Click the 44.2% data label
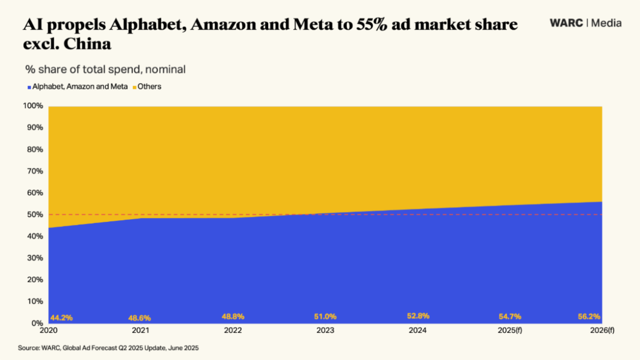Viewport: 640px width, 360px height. [61, 318]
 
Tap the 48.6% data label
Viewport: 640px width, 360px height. [139, 318]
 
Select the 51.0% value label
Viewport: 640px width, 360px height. [325, 316]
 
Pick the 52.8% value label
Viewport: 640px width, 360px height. [419, 316]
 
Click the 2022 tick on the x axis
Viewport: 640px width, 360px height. [233, 331]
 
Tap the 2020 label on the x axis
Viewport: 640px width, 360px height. [48, 331]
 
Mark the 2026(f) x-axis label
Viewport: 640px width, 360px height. [602, 331]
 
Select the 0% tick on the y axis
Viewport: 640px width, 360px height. [37, 323]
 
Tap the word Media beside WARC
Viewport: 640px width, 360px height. [606, 23]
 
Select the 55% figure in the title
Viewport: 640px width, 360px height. [373, 25]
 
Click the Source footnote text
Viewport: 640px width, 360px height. [108, 347]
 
